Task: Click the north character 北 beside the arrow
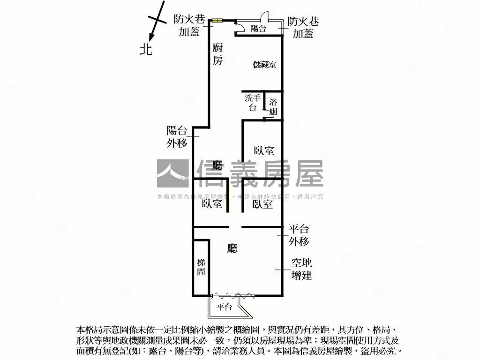[146, 49]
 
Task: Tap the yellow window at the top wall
[217, 20]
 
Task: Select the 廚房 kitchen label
[217, 53]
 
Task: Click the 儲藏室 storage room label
[264, 65]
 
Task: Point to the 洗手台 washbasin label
[253, 103]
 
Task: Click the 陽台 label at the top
[258, 29]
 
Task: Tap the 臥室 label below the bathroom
[264, 151]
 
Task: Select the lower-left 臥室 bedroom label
[212, 204]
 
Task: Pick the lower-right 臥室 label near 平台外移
[262, 204]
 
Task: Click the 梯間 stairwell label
[201, 267]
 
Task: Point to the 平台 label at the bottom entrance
[225, 307]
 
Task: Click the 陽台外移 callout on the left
[177, 137]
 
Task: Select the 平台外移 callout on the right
[299, 235]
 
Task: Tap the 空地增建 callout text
[301, 269]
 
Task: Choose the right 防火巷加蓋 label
[303, 28]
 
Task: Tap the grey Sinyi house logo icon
[172, 174]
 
